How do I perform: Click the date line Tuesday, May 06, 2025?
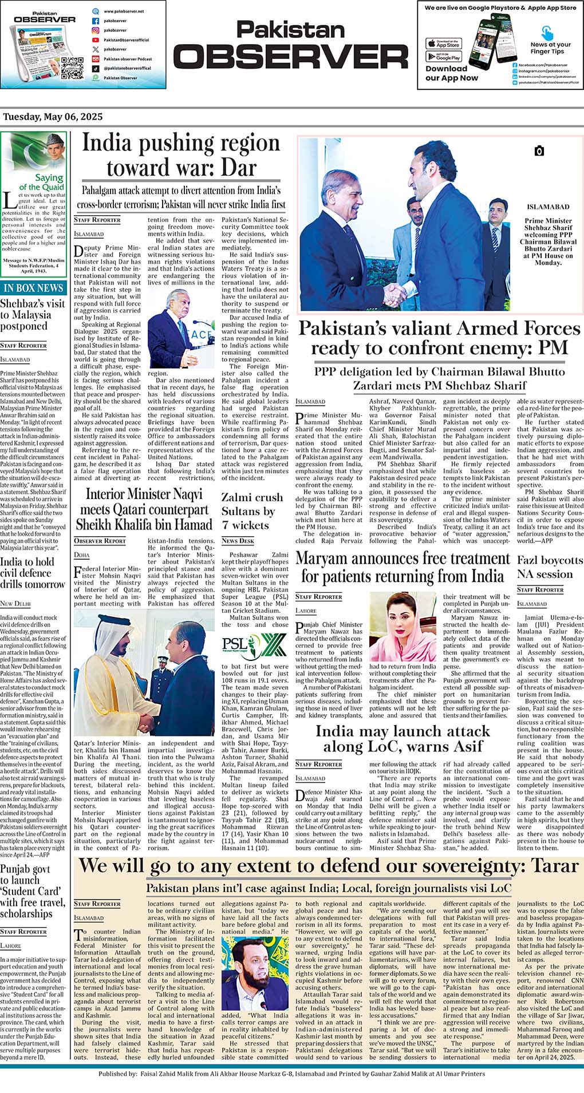(53, 117)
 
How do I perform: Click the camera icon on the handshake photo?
(538, 151)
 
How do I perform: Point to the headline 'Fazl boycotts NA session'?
(550, 567)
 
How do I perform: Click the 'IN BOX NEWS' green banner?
(33, 288)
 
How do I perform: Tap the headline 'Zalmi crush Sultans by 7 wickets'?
(252, 511)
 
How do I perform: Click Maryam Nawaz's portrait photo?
(403, 627)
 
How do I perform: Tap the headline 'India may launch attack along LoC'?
(403, 738)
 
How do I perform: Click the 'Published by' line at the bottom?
(291, 1074)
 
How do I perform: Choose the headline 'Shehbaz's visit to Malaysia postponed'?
(32, 315)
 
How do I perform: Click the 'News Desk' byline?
(238, 540)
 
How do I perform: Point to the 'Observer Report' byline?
(100, 540)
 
